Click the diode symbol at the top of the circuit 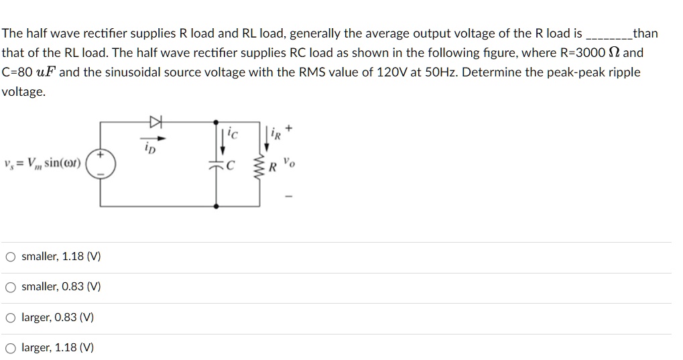click(x=156, y=121)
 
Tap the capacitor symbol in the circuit click(x=216, y=166)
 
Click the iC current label click(x=233, y=133)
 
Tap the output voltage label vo click(x=287, y=162)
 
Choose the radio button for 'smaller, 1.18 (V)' click(x=11, y=257)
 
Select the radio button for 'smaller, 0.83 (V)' click(x=11, y=287)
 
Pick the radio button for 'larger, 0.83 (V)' click(x=11, y=318)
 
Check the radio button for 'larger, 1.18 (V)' click(x=11, y=348)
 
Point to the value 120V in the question click(x=391, y=72)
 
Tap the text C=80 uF click(x=29, y=72)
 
